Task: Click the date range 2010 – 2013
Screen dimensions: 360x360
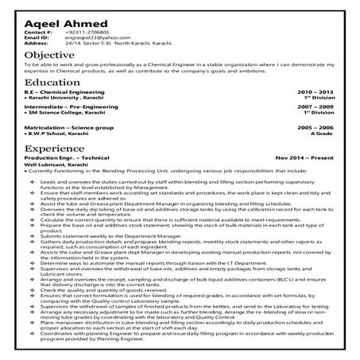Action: coord(315,93)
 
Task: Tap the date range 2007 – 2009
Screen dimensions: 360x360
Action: coord(315,106)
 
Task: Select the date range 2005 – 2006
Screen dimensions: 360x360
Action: coord(315,127)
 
